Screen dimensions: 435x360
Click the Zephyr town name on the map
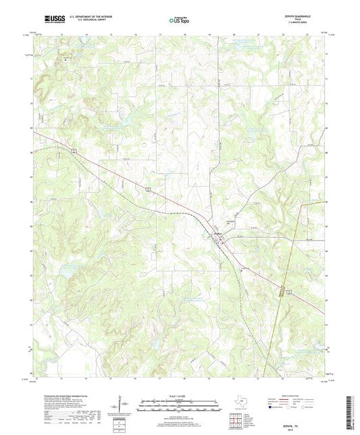[x=218, y=234]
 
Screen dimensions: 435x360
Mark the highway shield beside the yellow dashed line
[x=288, y=291]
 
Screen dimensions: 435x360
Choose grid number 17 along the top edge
[x=159, y=32]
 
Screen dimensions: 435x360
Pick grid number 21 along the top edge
[x=259, y=32]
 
